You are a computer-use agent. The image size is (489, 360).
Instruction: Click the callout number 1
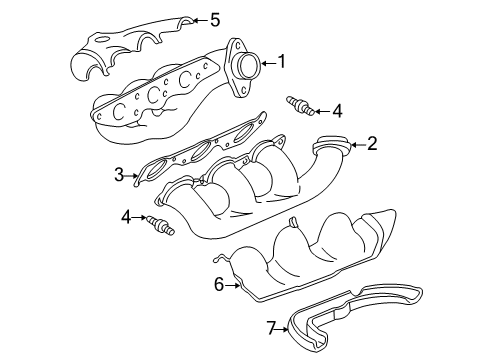pos(282,62)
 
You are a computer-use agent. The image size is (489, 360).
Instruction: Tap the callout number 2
pos(372,144)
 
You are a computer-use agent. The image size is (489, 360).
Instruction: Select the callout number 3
pos(119,176)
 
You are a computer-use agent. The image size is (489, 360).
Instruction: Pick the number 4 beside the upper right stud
pos(337,110)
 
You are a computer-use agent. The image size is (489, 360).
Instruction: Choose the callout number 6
pos(218,285)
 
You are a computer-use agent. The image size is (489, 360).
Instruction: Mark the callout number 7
pos(271,327)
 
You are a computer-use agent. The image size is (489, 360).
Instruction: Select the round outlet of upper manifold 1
pos(245,66)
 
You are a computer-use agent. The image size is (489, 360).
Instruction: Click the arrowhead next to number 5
pos(196,18)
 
